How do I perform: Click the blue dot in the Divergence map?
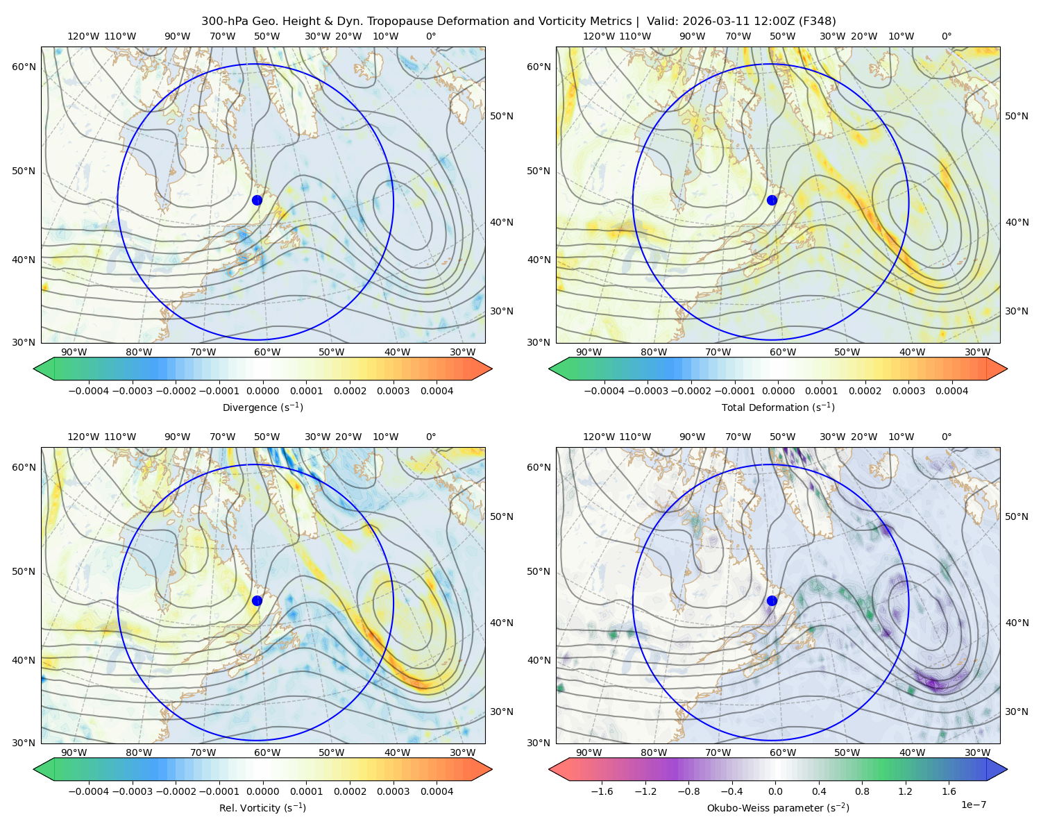pyautogui.click(x=257, y=200)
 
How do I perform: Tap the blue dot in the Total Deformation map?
pyautogui.click(x=772, y=200)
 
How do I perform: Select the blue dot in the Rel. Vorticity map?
pyautogui.click(x=257, y=600)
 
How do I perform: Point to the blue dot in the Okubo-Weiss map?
pyautogui.click(x=772, y=600)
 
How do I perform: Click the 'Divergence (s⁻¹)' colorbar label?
pyautogui.click(x=262, y=407)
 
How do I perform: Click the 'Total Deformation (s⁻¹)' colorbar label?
pyautogui.click(x=778, y=407)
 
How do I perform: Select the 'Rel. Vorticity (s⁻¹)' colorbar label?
pyautogui.click(x=262, y=807)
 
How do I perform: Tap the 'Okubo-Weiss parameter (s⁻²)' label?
pyautogui.click(x=778, y=807)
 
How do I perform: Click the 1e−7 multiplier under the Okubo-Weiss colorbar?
pyautogui.click(x=973, y=805)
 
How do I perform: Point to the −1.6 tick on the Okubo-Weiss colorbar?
pyautogui.click(x=602, y=791)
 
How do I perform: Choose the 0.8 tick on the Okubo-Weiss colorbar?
pyautogui.click(x=862, y=791)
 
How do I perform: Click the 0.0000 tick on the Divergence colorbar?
pyautogui.click(x=262, y=391)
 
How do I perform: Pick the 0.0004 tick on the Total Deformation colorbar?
pyautogui.click(x=951, y=391)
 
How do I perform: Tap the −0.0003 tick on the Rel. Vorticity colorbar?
pyautogui.click(x=132, y=791)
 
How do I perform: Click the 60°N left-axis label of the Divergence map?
pyautogui.click(x=24, y=67)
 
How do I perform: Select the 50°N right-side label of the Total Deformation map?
pyautogui.click(x=1016, y=116)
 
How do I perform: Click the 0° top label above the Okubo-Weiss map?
pyautogui.click(x=946, y=436)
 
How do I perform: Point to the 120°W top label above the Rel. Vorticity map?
pyautogui.click(x=83, y=436)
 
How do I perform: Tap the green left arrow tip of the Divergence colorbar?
pyautogui.click(x=34, y=369)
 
